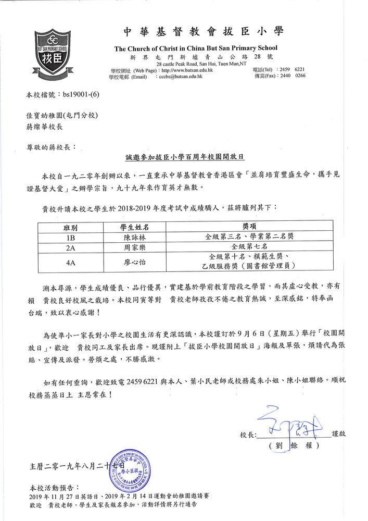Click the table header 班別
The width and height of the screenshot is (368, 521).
coord(70,227)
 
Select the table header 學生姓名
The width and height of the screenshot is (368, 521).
coord(135,227)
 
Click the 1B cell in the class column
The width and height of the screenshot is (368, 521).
coord(70,237)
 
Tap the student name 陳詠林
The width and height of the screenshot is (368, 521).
coord(135,237)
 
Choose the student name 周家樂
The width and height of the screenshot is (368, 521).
coord(135,246)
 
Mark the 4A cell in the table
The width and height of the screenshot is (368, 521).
coord(70,263)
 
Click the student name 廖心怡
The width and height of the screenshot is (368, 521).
coord(135,263)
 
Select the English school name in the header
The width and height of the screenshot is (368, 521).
coord(196,48)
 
